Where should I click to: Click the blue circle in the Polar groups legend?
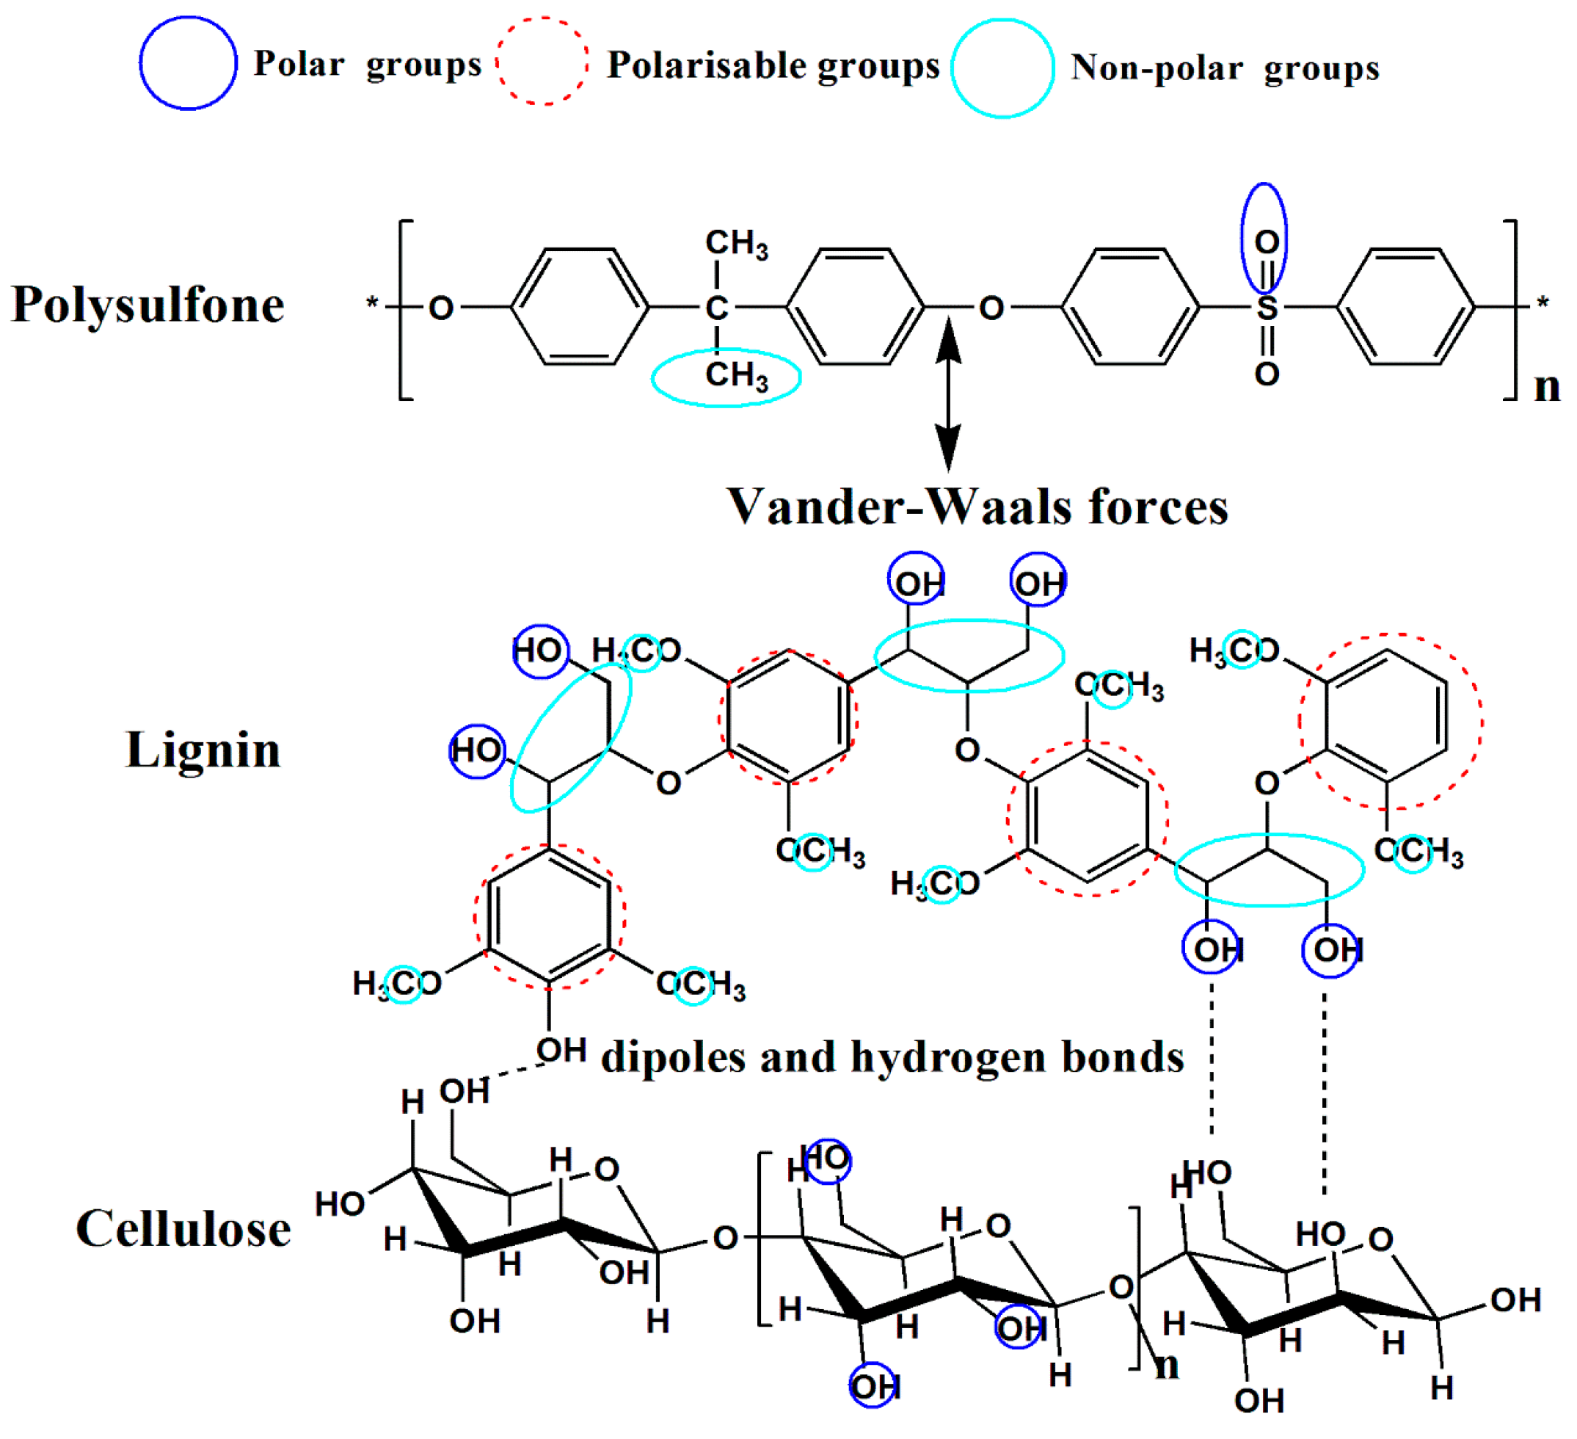tap(188, 63)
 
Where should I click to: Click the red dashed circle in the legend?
tap(542, 61)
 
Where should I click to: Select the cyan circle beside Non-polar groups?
tap(1002, 69)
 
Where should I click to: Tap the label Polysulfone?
tap(147, 305)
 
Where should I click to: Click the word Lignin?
tap(203, 750)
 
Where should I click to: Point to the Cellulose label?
tap(183, 1228)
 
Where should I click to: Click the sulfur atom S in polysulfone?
tap(1267, 308)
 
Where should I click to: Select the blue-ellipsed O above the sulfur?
tap(1266, 241)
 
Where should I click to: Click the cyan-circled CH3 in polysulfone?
tap(726, 377)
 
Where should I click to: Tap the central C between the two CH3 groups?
tap(716, 308)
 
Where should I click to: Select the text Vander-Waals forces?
tap(977, 507)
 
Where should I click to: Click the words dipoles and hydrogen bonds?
tap(892, 1057)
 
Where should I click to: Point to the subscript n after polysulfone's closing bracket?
tap(1546, 387)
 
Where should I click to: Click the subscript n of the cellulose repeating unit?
tap(1166, 1366)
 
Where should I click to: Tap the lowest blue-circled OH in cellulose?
tap(874, 1387)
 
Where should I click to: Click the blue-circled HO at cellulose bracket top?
tap(827, 1159)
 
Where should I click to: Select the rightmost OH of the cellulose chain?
tap(1515, 1300)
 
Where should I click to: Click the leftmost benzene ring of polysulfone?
tap(580, 307)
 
